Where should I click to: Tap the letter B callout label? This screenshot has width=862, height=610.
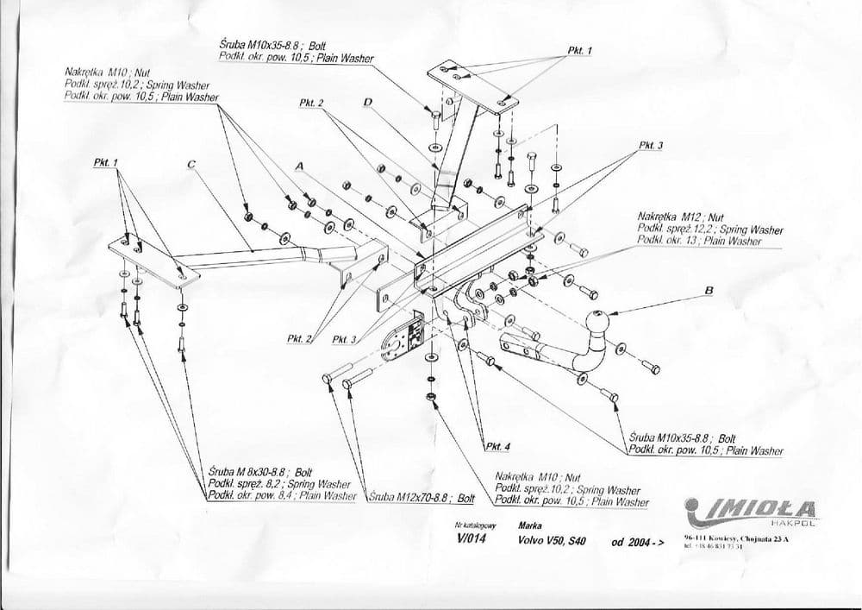pos(709,291)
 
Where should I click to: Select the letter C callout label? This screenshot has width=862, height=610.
pos(191,163)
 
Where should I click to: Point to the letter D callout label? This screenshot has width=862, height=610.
pos(367,104)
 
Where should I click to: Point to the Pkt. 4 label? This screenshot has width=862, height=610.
pos(497,446)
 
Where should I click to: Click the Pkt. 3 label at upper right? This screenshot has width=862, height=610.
pos(650,146)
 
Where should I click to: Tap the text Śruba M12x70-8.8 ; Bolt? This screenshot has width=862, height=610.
pos(422,499)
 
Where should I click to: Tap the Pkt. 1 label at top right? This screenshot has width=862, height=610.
pos(580,52)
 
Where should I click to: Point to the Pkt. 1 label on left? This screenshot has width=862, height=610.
pos(105,162)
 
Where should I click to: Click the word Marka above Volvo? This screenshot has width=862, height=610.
pos(530,525)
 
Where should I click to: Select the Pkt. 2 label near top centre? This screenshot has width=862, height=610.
pos(311,104)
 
